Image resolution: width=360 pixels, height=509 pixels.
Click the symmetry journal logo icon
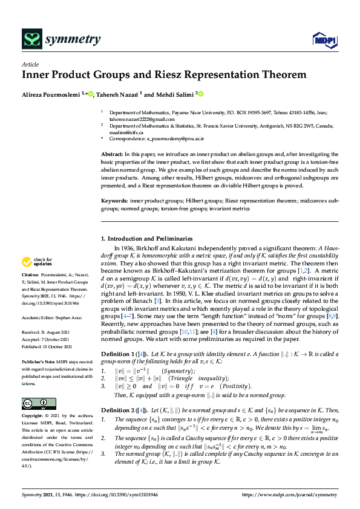click(30, 40)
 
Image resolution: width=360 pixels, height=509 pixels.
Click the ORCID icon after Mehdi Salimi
click(200, 94)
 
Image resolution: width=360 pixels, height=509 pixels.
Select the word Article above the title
click(30, 63)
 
